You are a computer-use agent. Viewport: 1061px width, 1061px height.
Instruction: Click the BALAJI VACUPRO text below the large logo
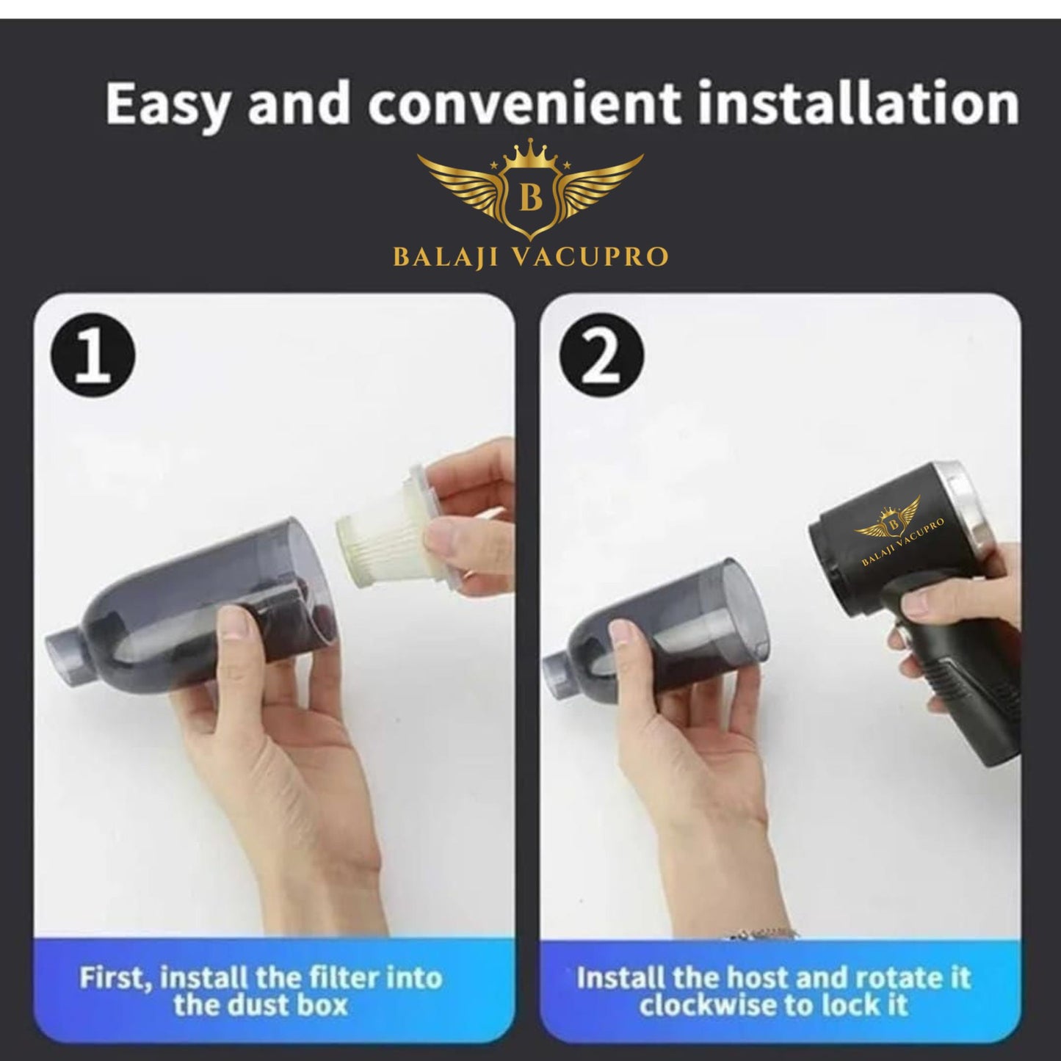coord(530,257)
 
